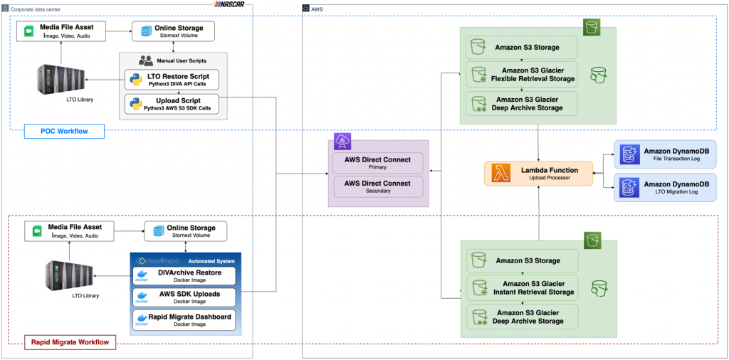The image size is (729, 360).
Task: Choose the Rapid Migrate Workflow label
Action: [69, 342]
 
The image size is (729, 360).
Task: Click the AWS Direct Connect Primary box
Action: [377, 162]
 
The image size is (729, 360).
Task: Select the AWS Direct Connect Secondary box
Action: [377, 186]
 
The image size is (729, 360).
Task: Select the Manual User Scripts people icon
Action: [146, 60]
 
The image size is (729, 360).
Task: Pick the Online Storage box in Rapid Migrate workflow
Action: [185, 231]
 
